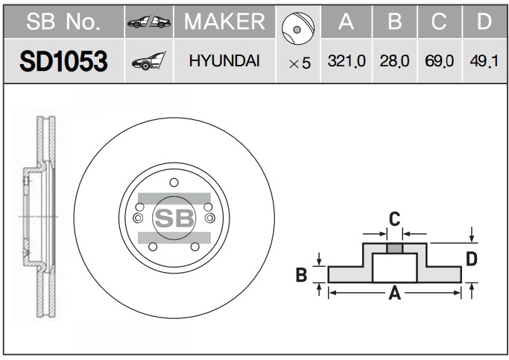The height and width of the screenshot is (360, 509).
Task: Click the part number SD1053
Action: click(63, 61)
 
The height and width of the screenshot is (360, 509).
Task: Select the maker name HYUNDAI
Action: click(224, 60)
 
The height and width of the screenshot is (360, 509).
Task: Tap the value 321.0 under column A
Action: click(347, 60)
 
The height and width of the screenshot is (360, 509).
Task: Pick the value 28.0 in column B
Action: click(394, 60)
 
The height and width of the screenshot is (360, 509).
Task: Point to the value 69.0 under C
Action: click(439, 60)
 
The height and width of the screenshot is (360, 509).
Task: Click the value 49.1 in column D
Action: click(484, 60)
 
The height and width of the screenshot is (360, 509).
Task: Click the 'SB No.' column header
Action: click(63, 22)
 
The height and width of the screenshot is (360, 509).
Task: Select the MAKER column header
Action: click(224, 22)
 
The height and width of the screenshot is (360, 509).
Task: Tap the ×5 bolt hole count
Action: click(300, 63)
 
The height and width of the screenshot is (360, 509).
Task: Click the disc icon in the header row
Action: click(298, 29)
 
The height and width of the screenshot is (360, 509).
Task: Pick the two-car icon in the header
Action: click(149, 22)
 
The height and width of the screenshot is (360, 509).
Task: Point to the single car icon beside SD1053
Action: click(149, 60)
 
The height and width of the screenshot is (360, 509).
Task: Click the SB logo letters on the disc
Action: click(174, 218)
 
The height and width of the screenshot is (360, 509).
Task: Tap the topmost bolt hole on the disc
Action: click(174, 183)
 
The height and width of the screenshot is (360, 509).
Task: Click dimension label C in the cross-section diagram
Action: click(394, 219)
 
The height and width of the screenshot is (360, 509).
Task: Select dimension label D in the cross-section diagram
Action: click(471, 259)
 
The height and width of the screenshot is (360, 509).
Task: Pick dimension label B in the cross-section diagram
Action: click(301, 274)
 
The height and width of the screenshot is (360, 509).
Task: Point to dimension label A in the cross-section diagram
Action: click(395, 294)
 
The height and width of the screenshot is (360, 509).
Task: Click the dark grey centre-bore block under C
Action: click(394, 249)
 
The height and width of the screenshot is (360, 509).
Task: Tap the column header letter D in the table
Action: click(484, 22)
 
